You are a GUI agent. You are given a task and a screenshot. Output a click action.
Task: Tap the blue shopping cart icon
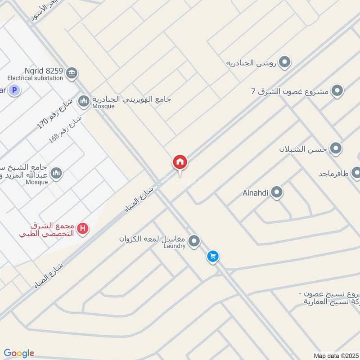213,256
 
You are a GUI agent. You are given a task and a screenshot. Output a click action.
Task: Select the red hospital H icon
82,229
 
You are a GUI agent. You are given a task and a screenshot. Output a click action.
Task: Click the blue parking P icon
15,90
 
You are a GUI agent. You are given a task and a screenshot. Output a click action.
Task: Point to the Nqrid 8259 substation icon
72,72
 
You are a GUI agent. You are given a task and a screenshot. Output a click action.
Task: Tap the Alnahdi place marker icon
277,193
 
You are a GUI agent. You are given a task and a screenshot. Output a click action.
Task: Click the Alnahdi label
255,193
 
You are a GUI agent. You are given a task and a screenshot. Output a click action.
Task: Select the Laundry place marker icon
194,242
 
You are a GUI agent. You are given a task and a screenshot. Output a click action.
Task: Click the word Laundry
174,246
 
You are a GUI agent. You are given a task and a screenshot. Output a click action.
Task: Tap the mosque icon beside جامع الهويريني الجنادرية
83,101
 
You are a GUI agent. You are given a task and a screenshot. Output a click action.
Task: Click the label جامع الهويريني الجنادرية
131,99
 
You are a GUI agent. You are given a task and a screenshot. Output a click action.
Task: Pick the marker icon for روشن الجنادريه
284,63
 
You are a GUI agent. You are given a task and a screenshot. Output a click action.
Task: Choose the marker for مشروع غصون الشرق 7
337,91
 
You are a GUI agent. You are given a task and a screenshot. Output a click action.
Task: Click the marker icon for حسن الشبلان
336,148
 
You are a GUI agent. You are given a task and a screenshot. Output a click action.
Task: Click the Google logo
19,353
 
